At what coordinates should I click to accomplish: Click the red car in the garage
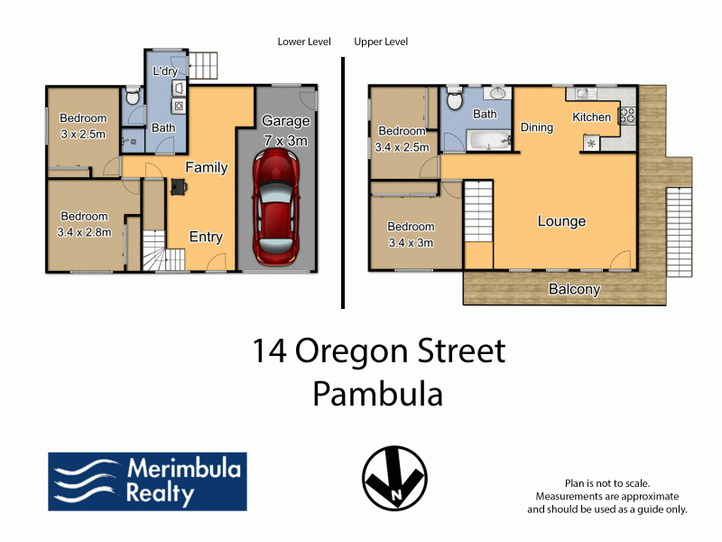click(275, 208)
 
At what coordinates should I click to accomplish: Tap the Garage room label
click(285, 121)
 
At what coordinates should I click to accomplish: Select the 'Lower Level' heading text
click(304, 42)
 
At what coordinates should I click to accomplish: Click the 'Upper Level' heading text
click(381, 42)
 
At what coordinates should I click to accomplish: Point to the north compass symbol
click(394, 478)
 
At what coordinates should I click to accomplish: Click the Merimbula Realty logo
click(147, 481)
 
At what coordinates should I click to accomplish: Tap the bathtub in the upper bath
click(489, 141)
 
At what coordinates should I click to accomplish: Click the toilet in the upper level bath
click(454, 98)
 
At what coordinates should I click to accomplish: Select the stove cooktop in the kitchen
click(626, 116)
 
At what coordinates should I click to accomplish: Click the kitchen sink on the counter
click(582, 94)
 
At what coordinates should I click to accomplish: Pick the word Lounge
click(561, 221)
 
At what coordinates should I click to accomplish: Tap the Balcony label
click(574, 289)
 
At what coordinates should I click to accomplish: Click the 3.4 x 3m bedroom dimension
click(411, 243)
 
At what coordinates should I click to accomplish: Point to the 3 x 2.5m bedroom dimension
click(83, 135)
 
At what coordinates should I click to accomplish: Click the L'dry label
click(165, 71)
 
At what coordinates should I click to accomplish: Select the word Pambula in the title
click(377, 395)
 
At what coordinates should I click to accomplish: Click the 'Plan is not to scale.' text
click(607, 483)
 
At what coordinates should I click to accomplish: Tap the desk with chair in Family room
click(179, 187)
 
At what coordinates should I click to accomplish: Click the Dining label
click(536, 127)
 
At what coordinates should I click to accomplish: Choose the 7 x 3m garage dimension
click(285, 141)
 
